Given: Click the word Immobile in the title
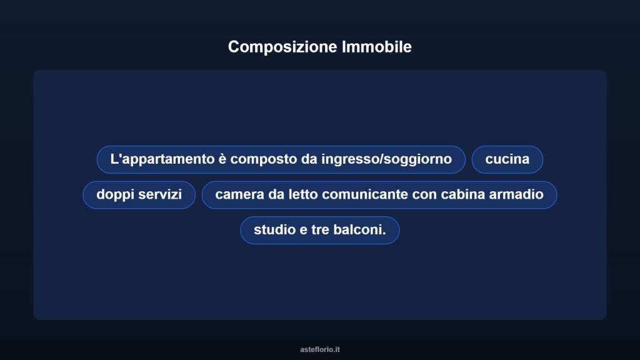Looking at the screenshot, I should coord(377,47).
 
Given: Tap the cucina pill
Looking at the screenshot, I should coord(507,159).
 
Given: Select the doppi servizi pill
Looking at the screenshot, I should coord(139,194).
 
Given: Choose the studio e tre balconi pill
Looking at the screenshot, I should coord(319,230).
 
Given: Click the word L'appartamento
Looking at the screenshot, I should coord(162,159).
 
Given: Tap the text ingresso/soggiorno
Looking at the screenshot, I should coord(386,159).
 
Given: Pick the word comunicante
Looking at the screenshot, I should coord(366,194).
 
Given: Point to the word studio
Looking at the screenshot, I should coord(273,230).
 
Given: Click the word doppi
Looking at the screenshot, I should coord(115,194).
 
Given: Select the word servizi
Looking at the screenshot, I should coord(160,194).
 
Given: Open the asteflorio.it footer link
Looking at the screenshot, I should coord(319,349).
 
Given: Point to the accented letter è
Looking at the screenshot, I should coord(222,159).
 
